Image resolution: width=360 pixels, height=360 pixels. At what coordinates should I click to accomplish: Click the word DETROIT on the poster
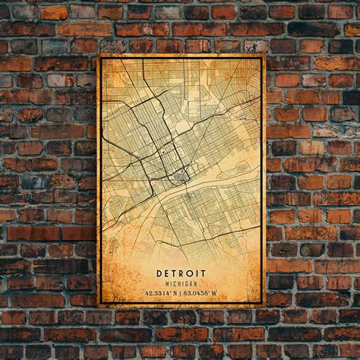click(x=182, y=273)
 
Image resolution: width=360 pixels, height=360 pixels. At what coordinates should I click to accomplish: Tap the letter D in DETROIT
click(x=160, y=273)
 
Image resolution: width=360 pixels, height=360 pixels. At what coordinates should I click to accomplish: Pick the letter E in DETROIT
click(x=168, y=273)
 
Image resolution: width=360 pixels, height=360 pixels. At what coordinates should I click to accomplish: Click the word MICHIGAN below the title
click(x=182, y=283)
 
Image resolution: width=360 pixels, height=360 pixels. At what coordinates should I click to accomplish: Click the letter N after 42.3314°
click(x=174, y=293)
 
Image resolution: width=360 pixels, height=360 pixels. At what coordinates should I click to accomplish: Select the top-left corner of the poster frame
click(x=99, y=55)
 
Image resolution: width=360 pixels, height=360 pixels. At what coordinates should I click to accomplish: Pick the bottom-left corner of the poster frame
click(x=99, y=305)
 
